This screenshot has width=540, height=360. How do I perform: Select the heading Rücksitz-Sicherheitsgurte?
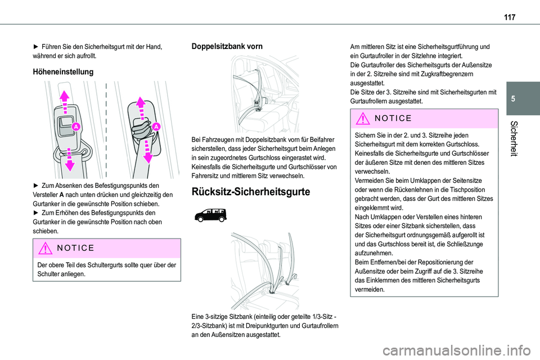(x=251, y=192)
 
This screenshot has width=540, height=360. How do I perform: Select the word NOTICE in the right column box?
(x=393, y=119)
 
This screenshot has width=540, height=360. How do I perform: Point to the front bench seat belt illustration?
(x=261, y=93)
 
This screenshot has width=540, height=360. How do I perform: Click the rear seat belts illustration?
(x=261, y=270)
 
